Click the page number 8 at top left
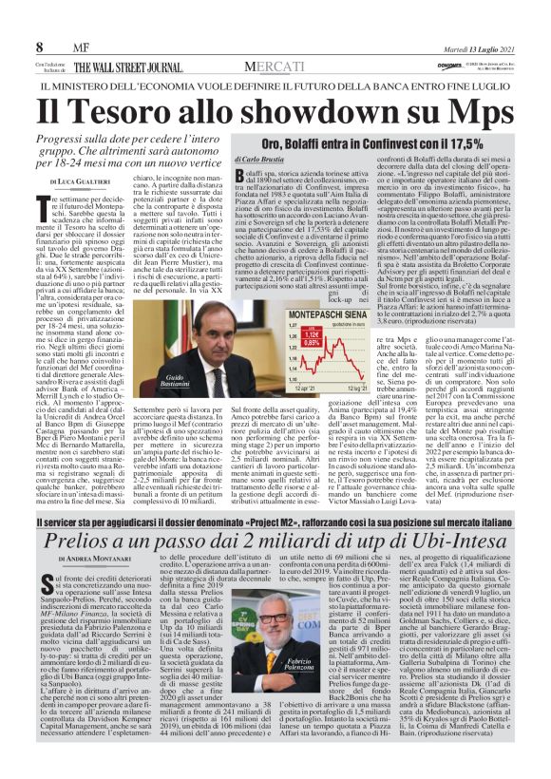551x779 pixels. [x=40, y=47]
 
